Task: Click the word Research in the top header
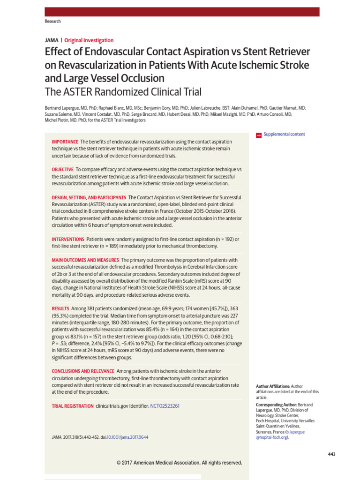point(52,22)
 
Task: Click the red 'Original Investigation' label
point(89,40)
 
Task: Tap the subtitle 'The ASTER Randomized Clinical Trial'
point(123,92)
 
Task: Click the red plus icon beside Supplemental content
point(258,135)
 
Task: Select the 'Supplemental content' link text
point(284,135)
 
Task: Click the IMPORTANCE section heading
point(65,142)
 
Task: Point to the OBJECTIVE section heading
point(62,169)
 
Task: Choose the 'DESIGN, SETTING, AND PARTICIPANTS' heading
point(89,197)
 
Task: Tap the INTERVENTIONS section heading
point(68,239)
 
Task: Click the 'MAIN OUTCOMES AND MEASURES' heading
point(85,260)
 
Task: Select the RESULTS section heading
point(60,308)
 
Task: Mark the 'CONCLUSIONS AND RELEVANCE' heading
point(82,371)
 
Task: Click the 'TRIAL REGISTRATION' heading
point(72,406)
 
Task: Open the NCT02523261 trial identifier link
point(165,406)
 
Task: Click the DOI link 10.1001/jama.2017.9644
point(127,437)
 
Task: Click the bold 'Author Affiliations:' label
point(273,386)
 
